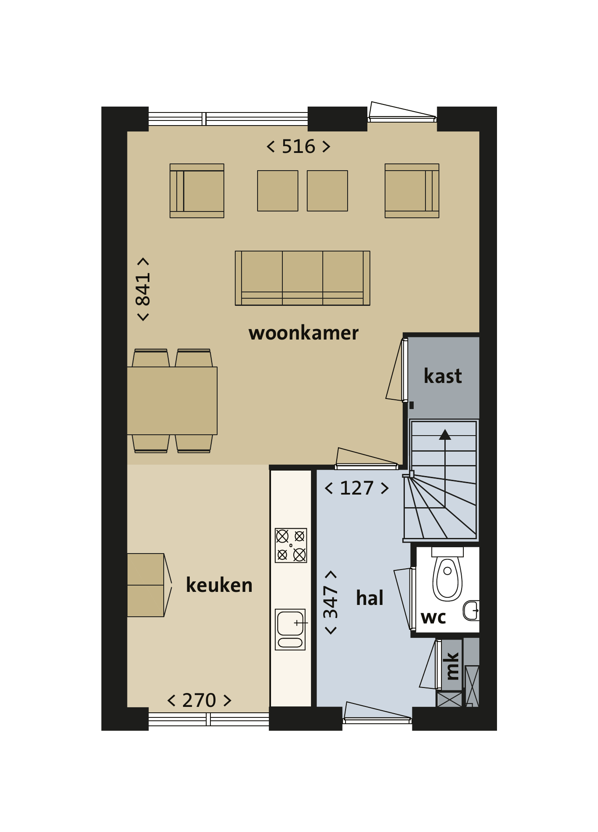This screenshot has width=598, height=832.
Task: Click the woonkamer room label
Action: click(x=303, y=333)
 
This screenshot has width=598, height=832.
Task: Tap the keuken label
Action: click(x=219, y=585)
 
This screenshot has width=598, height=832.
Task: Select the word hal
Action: click(x=369, y=598)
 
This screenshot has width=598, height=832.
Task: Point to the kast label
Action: click(x=443, y=376)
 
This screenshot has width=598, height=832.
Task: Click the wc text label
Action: click(x=433, y=618)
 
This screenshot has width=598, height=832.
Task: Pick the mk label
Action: click(x=452, y=666)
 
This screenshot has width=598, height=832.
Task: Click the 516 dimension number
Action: click(x=298, y=147)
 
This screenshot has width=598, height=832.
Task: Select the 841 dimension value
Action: click(x=143, y=289)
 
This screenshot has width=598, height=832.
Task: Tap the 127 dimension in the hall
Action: click(x=357, y=488)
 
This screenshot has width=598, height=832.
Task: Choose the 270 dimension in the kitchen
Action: click(x=199, y=701)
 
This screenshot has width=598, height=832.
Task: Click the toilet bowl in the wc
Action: click(x=447, y=575)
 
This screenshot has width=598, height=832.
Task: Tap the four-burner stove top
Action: click(x=291, y=546)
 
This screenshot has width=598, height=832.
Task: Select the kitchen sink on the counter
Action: click(x=290, y=629)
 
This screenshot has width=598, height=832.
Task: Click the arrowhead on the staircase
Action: click(x=445, y=435)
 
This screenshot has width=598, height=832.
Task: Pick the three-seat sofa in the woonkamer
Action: click(x=303, y=278)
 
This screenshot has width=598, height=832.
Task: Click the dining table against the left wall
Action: click(x=172, y=401)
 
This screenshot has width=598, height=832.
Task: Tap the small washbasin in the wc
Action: click(x=471, y=610)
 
